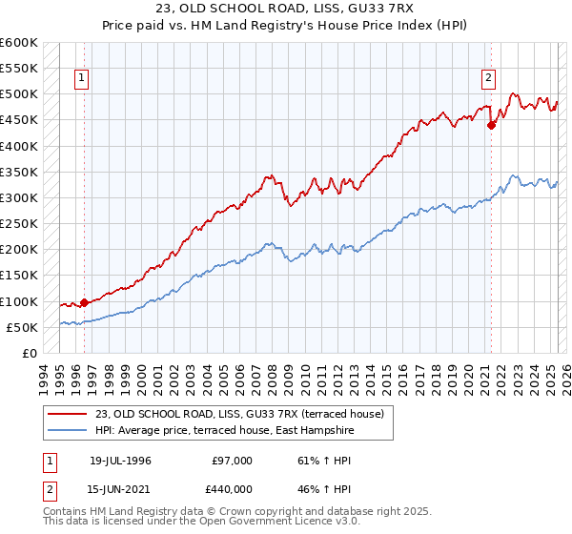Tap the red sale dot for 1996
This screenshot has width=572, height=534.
point(84,303)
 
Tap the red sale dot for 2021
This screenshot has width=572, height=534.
point(491,124)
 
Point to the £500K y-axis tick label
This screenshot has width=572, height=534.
point(19,94)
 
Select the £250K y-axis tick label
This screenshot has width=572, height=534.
point(19,224)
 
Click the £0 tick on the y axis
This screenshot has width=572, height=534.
point(29,354)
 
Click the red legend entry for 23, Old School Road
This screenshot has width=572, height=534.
point(238,414)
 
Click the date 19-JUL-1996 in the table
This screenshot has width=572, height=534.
point(121,461)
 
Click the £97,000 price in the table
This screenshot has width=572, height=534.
point(233,461)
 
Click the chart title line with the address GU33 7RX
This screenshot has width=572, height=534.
point(286,10)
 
